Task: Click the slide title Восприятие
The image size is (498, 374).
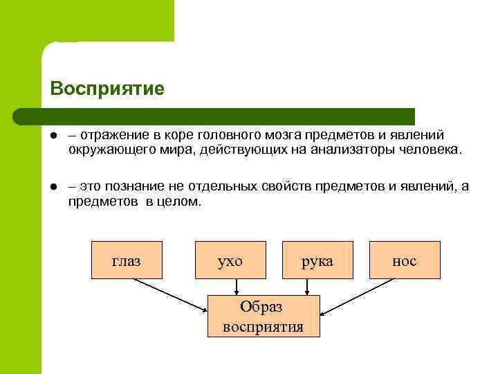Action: click(x=107, y=89)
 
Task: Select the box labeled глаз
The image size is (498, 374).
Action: click(x=127, y=260)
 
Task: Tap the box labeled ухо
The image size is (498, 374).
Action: click(x=230, y=260)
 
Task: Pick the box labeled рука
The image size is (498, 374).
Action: click(x=317, y=260)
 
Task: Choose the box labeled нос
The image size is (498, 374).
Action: click(x=405, y=260)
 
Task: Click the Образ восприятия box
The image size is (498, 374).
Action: click(x=264, y=317)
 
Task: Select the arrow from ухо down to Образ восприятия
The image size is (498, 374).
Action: click(x=237, y=286)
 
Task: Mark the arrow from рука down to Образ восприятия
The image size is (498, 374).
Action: click(x=307, y=286)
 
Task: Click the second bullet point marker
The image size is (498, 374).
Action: click(x=53, y=186)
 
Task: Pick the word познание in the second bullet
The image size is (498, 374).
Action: click(x=136, y=186)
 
